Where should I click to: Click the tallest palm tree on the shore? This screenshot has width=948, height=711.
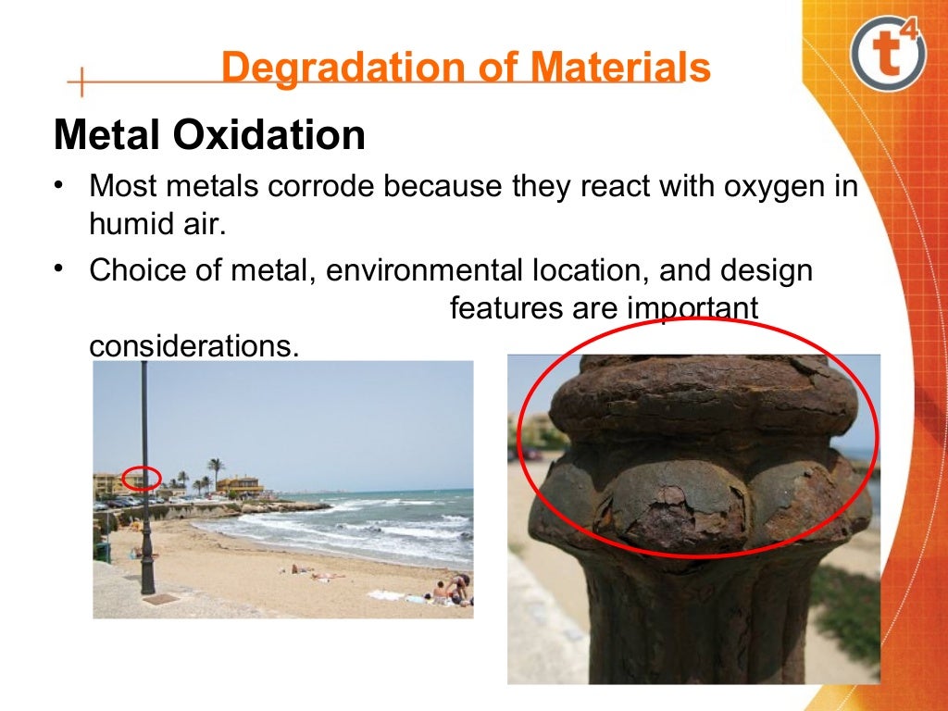coord(216,468)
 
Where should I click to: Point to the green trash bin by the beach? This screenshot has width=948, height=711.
coord(102,552)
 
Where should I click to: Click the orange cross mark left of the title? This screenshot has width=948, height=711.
coord(81,81)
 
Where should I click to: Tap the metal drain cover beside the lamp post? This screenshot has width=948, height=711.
coord(162,599)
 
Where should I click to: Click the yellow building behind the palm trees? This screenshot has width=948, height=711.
coord(240,485)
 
